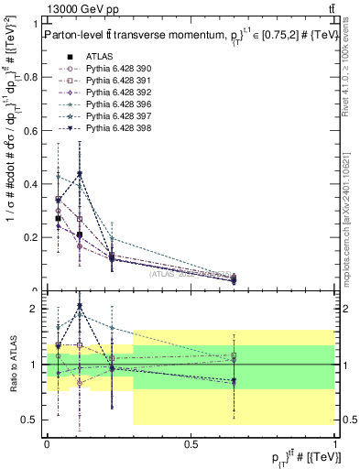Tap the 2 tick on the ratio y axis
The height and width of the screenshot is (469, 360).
coord(37,309)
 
